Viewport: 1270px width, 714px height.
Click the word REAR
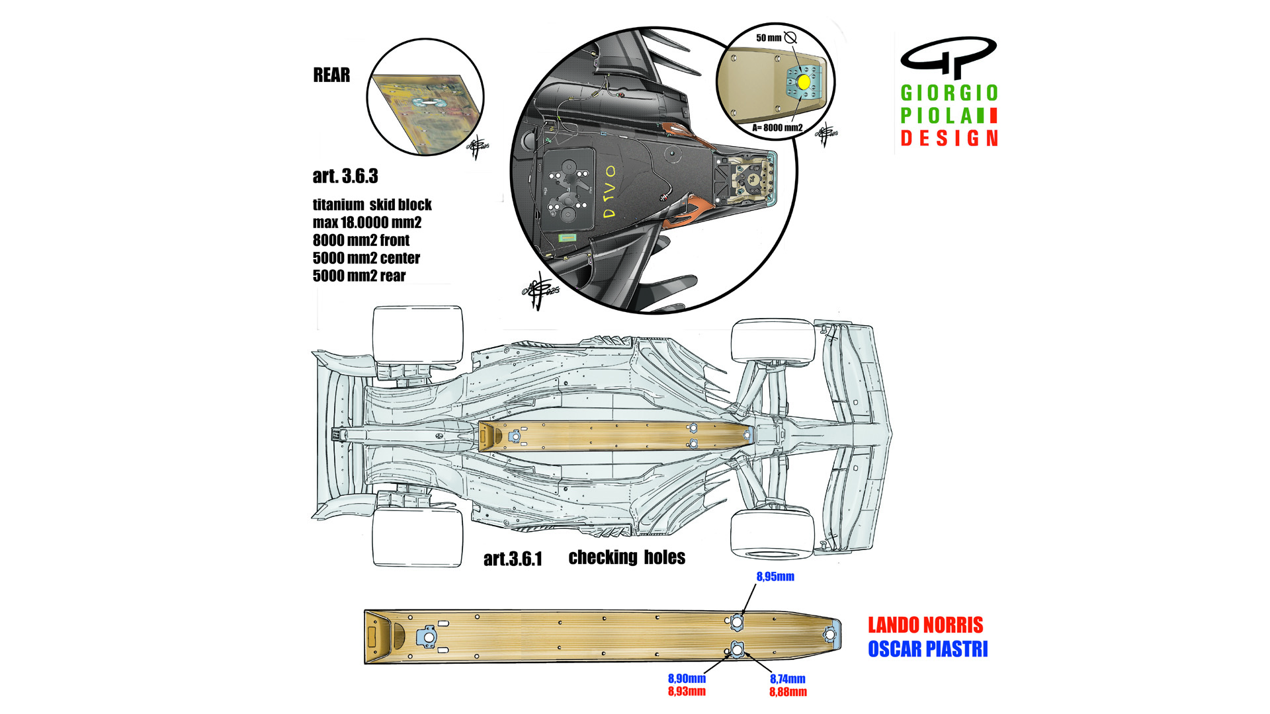pos(331,75)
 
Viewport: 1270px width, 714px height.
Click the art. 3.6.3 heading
pos(345,177)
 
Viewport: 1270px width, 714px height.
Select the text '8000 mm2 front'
pos(361,241)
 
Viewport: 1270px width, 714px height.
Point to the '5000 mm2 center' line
pos(366,258)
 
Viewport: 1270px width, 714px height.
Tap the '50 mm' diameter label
pos(769,38)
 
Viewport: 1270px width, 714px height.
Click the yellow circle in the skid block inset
pos(804,82)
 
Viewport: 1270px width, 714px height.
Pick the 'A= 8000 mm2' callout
pos(777,128)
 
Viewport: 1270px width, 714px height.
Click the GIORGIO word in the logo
pos(949,93)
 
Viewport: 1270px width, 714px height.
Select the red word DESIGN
pos(949,139)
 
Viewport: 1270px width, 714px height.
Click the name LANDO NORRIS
pos(925,625)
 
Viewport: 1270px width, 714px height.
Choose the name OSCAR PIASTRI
pos(927,650)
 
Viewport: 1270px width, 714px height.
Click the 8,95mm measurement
pos(775,577)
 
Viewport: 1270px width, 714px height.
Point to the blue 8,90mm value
pos(687,679)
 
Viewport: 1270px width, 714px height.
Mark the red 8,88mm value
pos(788,692)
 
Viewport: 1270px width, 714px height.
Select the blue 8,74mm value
pos(788,680)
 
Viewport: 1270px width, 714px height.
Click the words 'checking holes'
pos(626,558)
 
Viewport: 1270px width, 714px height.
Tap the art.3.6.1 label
pos(513,559)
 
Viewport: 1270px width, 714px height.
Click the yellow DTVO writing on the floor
pos(609,192)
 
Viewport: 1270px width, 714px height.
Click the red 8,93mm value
pos(687,692)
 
